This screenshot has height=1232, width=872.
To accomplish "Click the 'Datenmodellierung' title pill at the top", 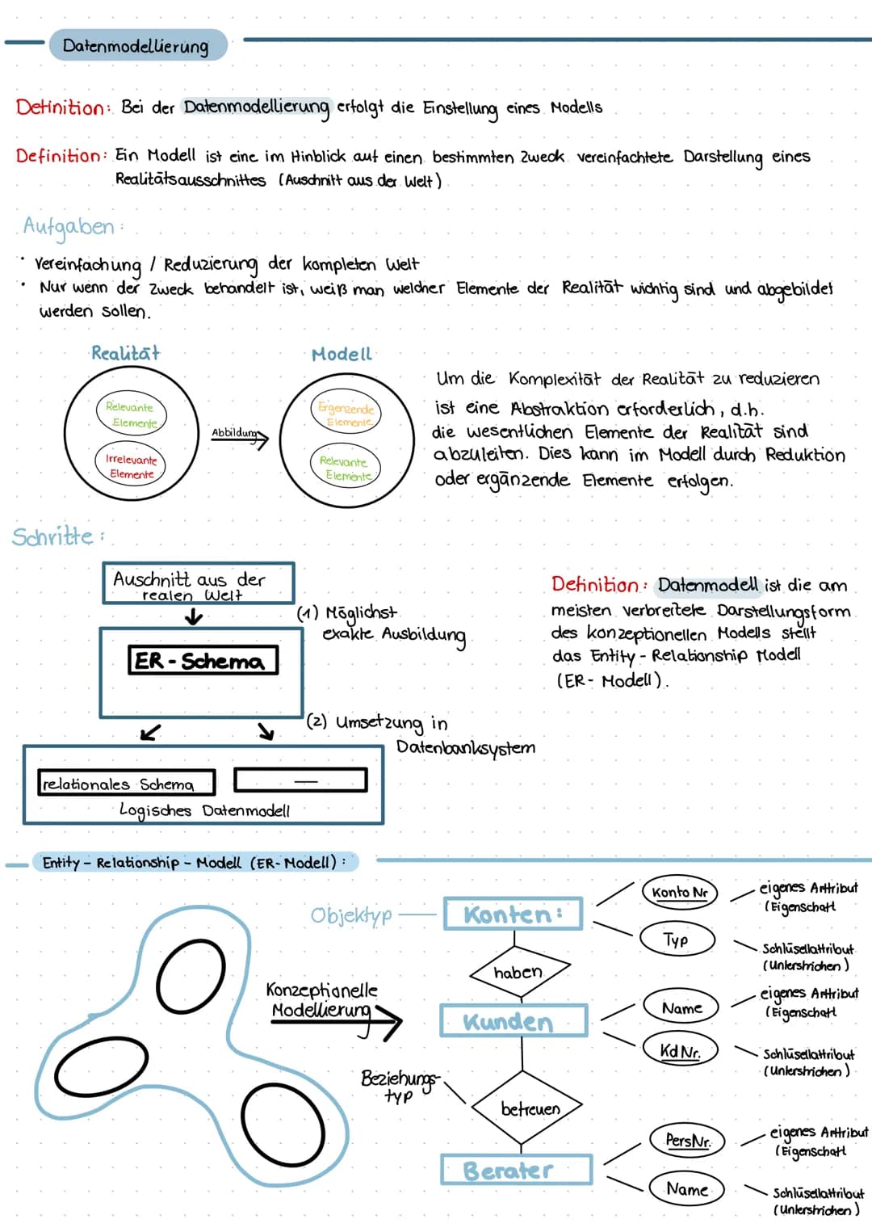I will tap(136, 45).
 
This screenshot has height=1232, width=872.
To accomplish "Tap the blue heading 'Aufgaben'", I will tap(69, 226).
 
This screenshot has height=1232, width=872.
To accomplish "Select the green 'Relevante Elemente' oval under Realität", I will tap(131, 414).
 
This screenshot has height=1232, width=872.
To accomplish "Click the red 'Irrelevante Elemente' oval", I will tap(130, 466).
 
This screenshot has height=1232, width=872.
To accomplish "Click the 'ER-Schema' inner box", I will tap(203, 660).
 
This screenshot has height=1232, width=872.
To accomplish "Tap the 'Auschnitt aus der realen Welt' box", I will tap(198, 583).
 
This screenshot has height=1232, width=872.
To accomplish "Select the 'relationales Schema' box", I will tap(127, 783).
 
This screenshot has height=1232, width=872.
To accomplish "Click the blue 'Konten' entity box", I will tap(513, 915).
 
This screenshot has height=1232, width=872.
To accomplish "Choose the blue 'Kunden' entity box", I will tap(513, 1021).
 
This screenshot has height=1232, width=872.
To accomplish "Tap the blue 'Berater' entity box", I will tap(516, 1170).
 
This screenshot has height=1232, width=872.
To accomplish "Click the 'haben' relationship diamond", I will tap(520, 972).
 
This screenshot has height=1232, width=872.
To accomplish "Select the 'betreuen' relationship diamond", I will tap(529, 1108).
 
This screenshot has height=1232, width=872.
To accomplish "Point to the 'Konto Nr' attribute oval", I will tap(679, 893).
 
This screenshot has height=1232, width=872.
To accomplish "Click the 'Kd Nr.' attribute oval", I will tap(680, 1050).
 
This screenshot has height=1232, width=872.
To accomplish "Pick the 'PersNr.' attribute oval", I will tap(688, 1140).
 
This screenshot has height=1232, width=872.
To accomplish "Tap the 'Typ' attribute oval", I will tap(677, 940).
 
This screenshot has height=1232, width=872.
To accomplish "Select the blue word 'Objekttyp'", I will tap(351, 915).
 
